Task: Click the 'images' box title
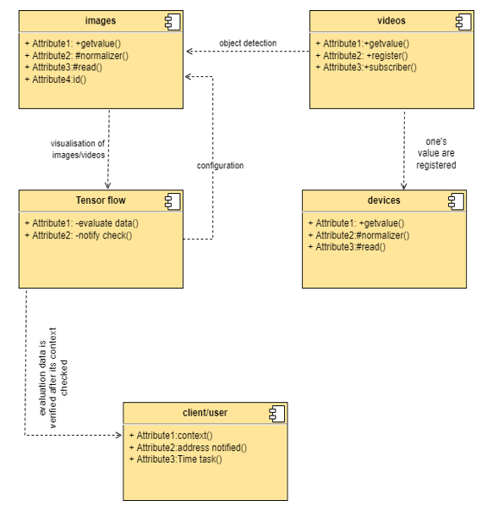point(101,20)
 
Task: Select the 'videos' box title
point(391,20)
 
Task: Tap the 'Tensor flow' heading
point(101,201)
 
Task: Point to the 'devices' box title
point(384,201)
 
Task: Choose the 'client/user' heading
point(205,413)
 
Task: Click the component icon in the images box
point(172,22)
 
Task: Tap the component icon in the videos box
point(463,22)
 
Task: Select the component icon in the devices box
point(456,202)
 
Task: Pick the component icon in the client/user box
point(277,414)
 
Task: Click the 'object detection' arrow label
point(248,43)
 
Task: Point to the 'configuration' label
point(221,166)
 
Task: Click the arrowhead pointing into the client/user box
point(119,435)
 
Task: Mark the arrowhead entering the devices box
point(403,186)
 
